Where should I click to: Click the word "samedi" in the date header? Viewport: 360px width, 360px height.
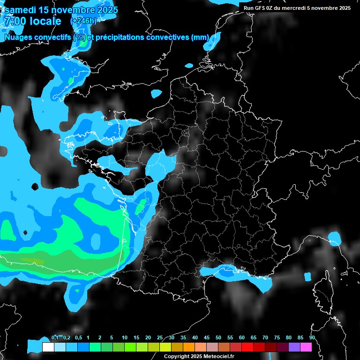pos(21,10)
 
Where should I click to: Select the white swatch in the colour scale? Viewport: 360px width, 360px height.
pos(48,347)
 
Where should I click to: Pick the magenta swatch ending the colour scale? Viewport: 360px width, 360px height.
pos(306,347)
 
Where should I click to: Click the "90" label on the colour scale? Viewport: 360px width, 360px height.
pos(312,338)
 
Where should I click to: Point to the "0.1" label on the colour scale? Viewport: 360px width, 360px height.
pos(55,338)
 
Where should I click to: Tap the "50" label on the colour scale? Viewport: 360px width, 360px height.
pos(218,338)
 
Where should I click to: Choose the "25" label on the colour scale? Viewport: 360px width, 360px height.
pos(160,338)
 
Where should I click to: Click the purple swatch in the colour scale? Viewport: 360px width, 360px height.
pos(294,347)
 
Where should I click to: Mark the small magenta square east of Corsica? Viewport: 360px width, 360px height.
pos(307,276)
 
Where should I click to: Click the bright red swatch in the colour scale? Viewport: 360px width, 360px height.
pos(247,347)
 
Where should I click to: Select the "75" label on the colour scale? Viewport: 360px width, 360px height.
pos(277,338)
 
